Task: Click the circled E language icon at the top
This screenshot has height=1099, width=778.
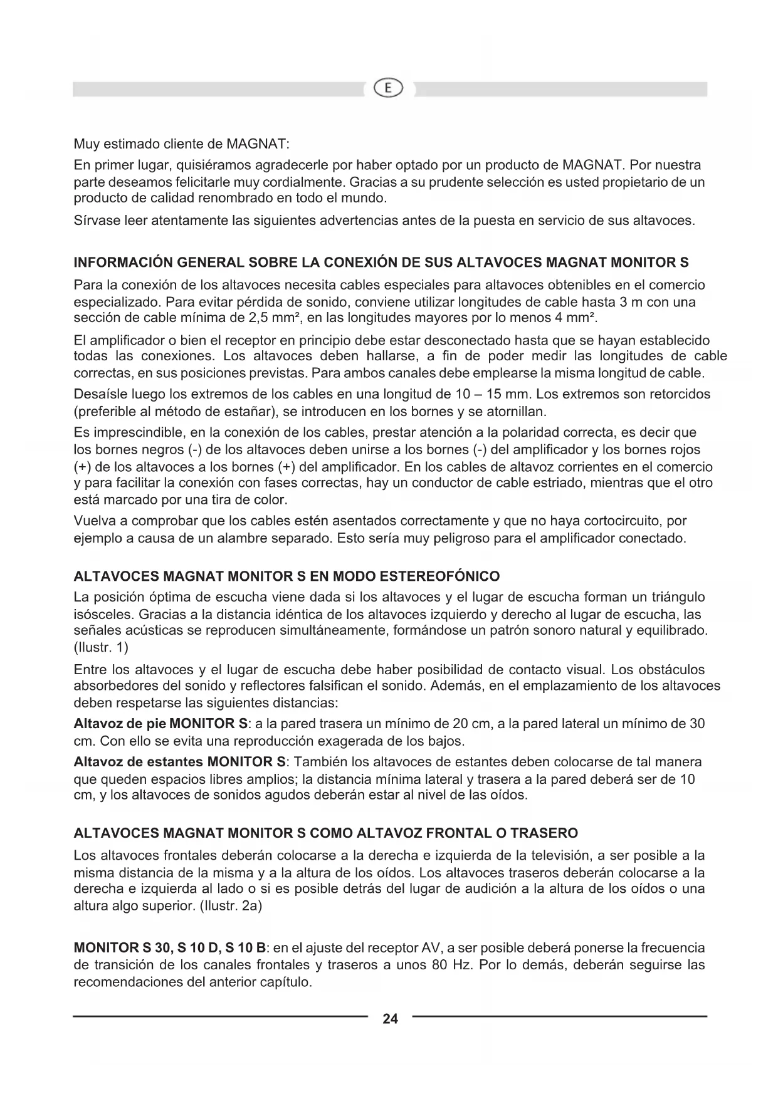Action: tap(389, 89)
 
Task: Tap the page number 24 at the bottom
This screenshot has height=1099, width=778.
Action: tap(390, 1019)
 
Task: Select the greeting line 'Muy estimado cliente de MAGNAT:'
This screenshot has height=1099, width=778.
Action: tap(181, 144)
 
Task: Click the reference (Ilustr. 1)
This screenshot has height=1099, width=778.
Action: tap(101, 647)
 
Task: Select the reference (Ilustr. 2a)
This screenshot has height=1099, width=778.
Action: tap(229, 906)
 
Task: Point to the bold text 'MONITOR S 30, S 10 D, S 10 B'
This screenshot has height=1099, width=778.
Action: tap(170, 948)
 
